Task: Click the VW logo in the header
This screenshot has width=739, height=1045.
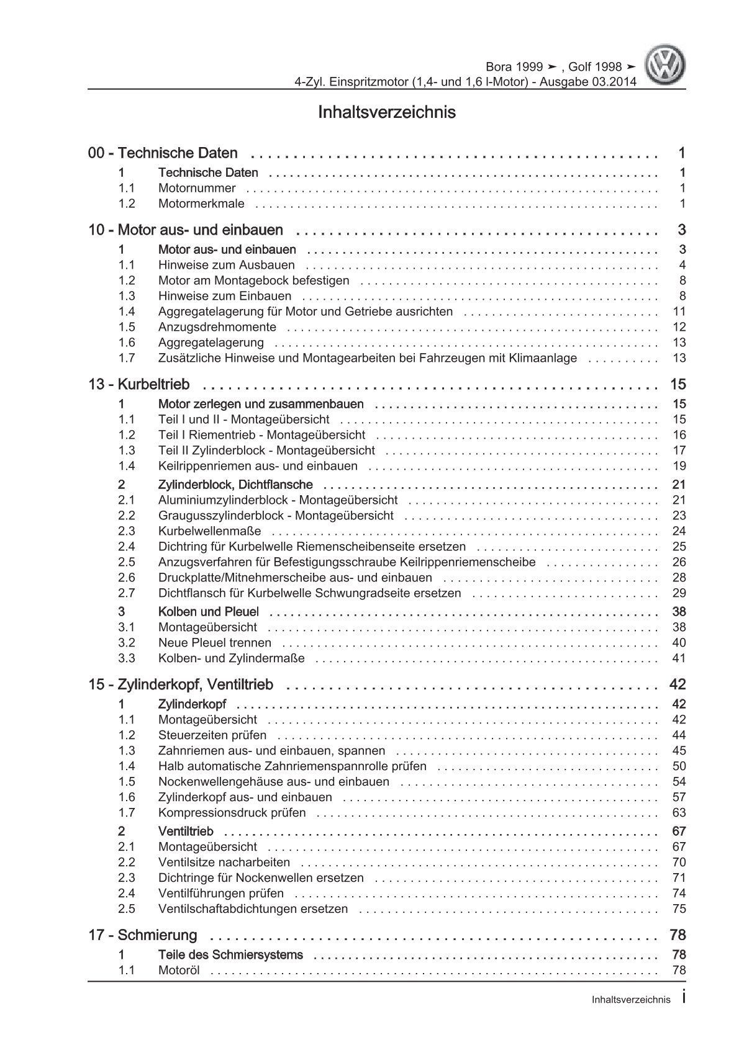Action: click(x=665, y=66)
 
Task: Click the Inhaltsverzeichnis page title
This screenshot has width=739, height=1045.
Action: click(x=386, y=112)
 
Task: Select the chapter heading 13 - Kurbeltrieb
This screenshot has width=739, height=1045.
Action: click(x=139, y=384)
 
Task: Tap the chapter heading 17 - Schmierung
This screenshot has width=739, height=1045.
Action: click(x=143, y=935)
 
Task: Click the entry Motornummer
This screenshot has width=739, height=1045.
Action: click(x=197, y=188)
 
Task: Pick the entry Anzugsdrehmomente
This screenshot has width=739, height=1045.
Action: click(x=217, y=327)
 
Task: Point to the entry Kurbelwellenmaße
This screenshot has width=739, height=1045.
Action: click(x=209, y=531)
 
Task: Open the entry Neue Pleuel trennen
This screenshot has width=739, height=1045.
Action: click(x=214, y=643)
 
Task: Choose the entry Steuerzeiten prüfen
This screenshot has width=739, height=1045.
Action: click(x=212, y=735)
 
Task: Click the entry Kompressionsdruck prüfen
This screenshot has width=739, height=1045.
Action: click(x=232, y=813)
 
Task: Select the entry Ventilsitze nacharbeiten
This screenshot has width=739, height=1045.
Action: click(x=224, y=863)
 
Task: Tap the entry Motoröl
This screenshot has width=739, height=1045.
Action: click(x=179, y=971)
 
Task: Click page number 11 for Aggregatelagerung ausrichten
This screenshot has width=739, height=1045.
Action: click(x=679, y=312)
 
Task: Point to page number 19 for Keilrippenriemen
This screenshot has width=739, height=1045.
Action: click(x=679, y=466)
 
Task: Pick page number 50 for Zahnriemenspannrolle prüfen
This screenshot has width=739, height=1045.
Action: click(x=679, y=766)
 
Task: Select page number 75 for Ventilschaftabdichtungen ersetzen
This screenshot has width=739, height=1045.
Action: click(x=679, y=909)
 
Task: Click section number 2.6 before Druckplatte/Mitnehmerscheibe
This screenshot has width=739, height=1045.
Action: click(x=127, y=578)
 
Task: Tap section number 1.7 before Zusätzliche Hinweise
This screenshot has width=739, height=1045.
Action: click(x=127, y=358)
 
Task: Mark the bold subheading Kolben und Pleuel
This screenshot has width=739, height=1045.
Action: click(x=209, y=612)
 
